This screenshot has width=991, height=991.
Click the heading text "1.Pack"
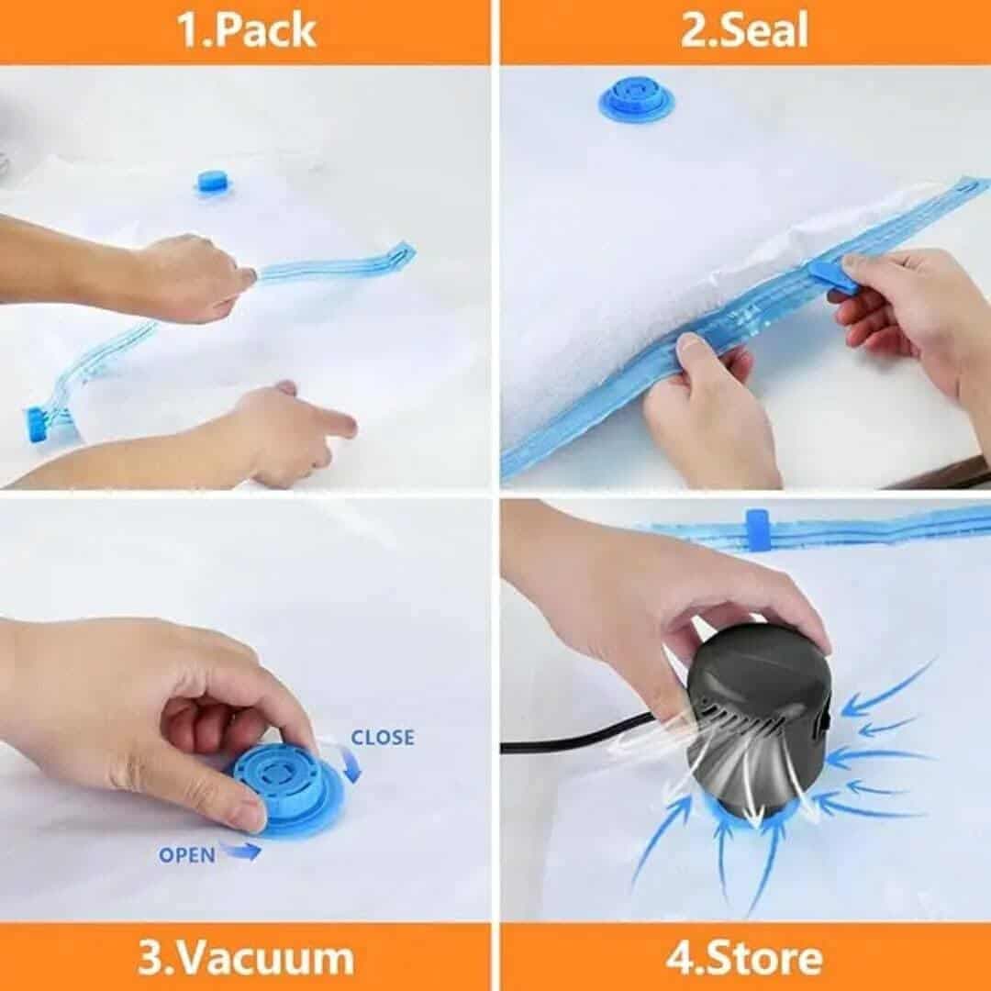pos(245,31)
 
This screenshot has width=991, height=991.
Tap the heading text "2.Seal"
pos(744,31)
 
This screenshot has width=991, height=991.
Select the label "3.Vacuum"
pos(245,958)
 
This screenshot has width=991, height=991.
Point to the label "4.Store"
pos(744,958)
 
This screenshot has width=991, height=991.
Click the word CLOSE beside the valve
pos(382,738)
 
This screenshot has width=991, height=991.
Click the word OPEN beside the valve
pos(186,855)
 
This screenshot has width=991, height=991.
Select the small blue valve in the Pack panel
pos(212,182)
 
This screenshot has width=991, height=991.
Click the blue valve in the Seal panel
pos(636,101)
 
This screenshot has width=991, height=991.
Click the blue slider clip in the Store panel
pos(757,530)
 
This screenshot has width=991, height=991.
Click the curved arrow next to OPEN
pos(239,852)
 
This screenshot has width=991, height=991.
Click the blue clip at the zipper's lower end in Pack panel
pos(39,424)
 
